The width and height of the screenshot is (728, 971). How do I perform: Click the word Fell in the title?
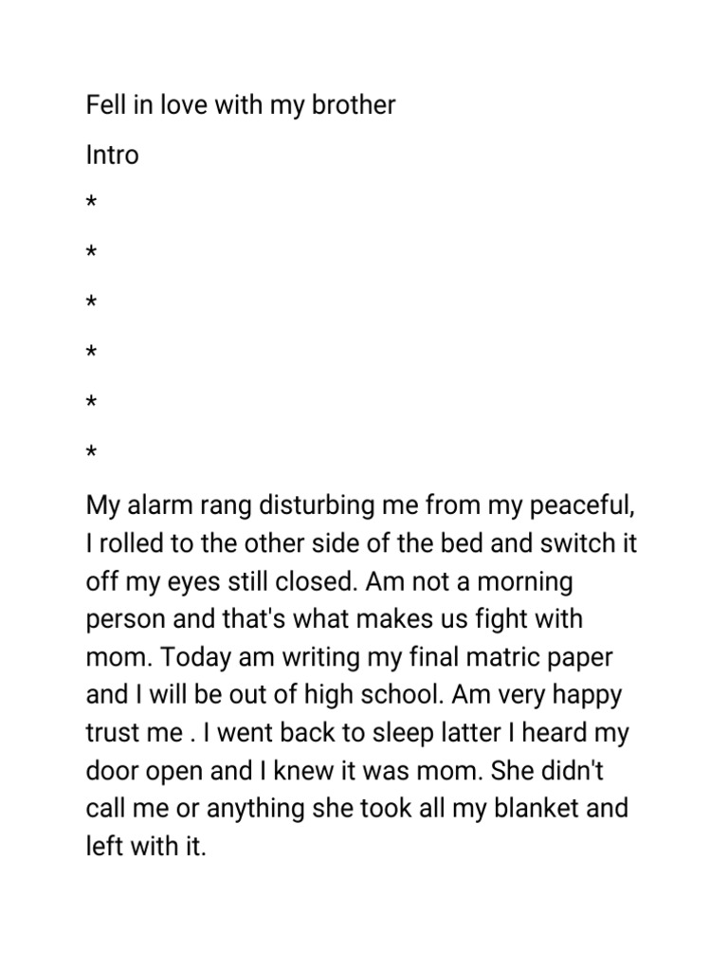coord(103,105)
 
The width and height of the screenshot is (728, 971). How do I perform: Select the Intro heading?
coord(112,155)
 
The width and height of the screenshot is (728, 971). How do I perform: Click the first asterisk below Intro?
coord(91,203)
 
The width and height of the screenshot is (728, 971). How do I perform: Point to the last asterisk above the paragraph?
coord(91,454)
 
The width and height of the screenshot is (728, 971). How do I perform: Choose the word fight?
coord(490,620)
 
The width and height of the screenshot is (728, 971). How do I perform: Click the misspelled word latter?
coord(448,733)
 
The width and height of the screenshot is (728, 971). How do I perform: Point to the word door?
coord(111,771)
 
